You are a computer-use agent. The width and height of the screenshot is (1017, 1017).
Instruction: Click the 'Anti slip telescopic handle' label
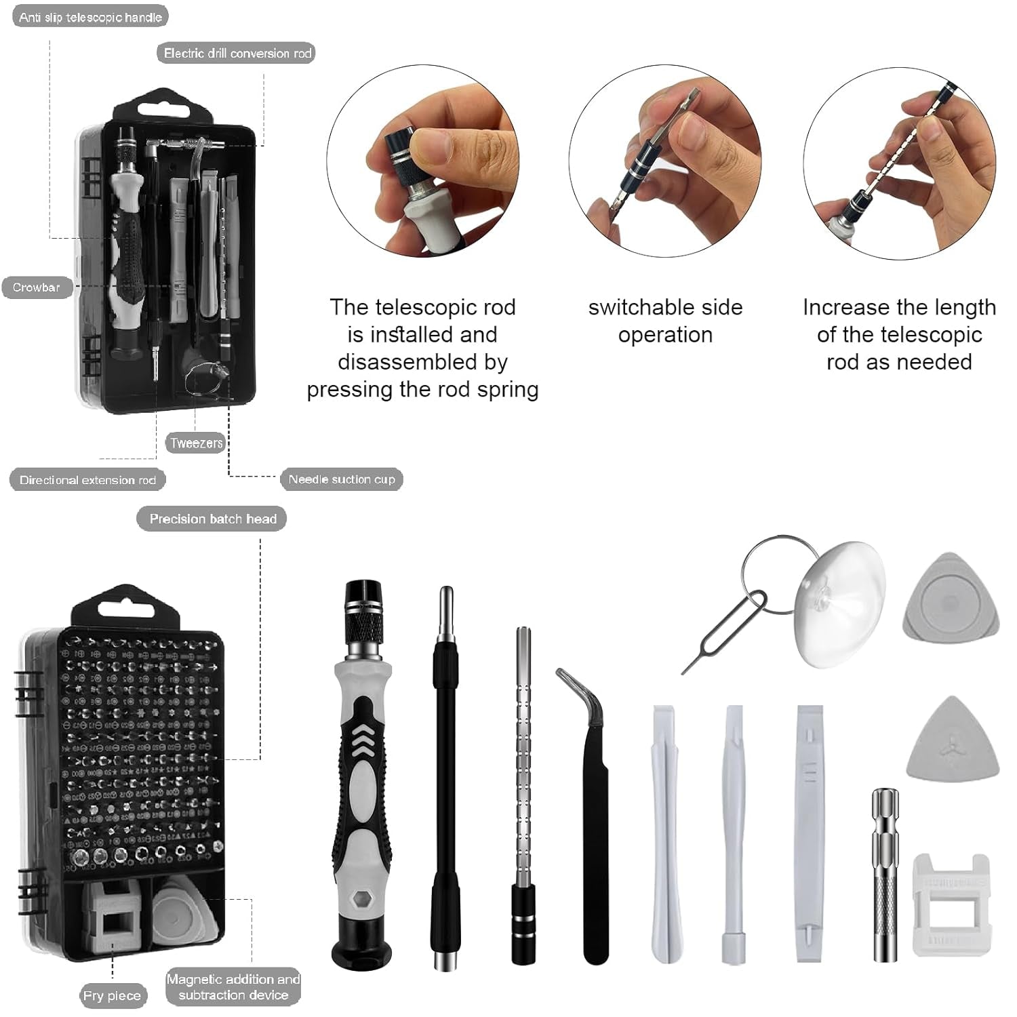tap(90, 17)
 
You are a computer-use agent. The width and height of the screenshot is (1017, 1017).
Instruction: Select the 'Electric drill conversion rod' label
tap(237, 53)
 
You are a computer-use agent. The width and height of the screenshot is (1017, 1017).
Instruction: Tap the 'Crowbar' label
tap(37, 287)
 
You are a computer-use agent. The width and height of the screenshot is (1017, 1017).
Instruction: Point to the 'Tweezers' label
tap(196, 443)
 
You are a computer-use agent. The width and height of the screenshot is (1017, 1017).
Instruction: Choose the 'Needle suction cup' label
tap(342, 479)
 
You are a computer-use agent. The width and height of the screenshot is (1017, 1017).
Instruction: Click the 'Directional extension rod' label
tap(87, 480)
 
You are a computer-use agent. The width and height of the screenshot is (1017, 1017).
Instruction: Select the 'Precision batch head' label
tap(212, 519)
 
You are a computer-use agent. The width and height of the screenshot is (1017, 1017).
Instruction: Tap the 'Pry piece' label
tap(112, 995)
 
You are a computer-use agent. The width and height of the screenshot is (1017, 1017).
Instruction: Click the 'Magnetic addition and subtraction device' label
tap(233, 987)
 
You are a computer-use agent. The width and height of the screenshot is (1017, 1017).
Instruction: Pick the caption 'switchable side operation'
tap(665, 321)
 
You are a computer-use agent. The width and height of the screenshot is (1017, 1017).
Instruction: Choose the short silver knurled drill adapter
tap(885, 875)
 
